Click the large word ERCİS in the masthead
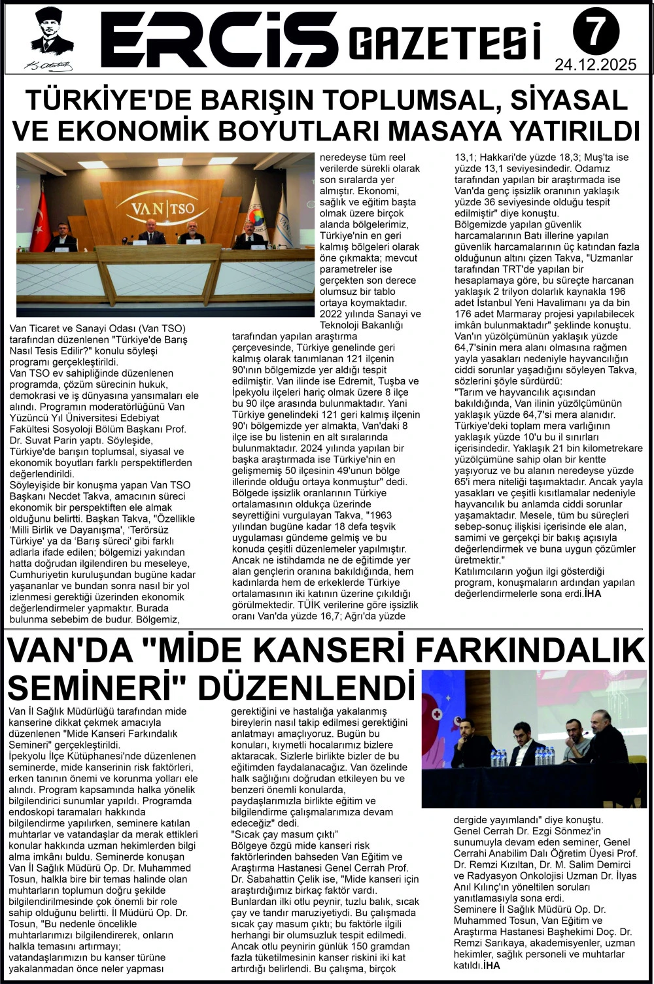[x=219, y=39]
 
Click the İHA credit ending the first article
[x=593, y=594]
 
